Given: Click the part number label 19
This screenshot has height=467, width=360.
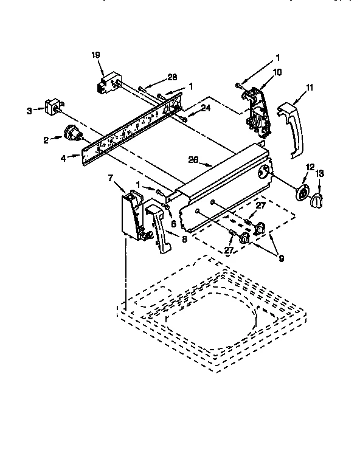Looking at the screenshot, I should click(95, 55).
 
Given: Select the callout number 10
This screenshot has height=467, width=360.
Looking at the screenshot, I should click(277, 72).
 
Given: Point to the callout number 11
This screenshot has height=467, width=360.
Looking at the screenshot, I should click(310, 88).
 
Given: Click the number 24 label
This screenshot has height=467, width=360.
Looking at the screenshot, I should click(206, 109).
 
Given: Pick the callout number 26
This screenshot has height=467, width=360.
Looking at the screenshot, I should click(193, 161).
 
